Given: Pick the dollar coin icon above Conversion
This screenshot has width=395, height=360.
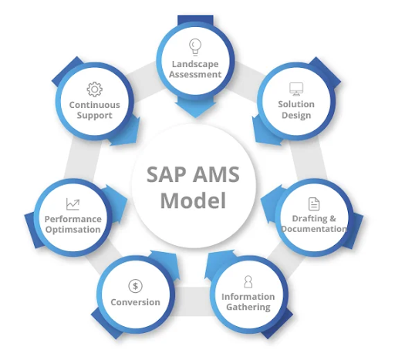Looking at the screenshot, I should tap(136, 286).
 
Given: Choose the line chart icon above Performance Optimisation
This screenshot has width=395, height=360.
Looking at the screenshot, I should tap(73, 204).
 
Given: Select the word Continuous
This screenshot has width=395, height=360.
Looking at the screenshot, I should tap(94, 104).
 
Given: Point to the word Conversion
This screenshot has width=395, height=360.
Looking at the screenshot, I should tap(136, 302).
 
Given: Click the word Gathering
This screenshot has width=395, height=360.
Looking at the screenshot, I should tap(248, 307).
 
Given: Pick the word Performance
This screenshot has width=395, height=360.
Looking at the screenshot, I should tap(73, 219).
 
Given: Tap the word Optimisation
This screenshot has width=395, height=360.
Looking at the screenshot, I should tap(73, 230).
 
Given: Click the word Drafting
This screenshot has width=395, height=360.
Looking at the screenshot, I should tap(309, 218).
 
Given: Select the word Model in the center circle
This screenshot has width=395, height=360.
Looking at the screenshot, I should tap(193, 202).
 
